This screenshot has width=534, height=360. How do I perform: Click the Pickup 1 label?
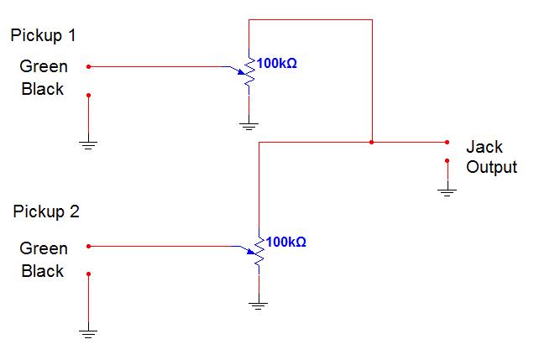click(x=44, y=36)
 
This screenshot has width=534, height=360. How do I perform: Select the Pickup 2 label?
click(x=46, y=211)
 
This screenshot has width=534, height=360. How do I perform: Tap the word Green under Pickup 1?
click(x=44, y=66)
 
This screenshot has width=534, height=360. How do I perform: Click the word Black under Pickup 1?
click(x=43, y=88)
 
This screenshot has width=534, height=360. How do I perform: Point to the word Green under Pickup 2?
click(x=44, y=248)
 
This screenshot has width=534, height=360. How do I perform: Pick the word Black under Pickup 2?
click(x=43, y=271)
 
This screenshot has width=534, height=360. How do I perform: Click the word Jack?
click(x=484, y=146)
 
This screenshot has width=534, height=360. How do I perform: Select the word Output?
click(x=492, y=167)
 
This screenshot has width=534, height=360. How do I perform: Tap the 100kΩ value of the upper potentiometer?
click(x=277, y=63)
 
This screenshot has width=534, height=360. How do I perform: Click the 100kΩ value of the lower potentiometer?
click(x=286, y=242)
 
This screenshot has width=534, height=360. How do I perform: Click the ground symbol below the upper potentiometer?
click(x=249, y=125)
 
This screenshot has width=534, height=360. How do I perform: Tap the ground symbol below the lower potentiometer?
click(x=259, y=305)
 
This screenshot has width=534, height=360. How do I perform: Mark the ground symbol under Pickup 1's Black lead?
click(x=88, y=144)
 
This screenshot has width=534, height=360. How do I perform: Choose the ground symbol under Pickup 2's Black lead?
click(x=88, y=333)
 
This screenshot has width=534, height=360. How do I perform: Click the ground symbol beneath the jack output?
click(x=447, y=190)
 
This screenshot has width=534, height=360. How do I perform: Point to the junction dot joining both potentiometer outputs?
click(x=372, y=142)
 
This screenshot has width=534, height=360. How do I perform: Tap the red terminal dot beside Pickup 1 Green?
click(x=88, y=65)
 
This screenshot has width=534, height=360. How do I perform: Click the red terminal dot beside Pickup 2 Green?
click(x=88, y=246)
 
